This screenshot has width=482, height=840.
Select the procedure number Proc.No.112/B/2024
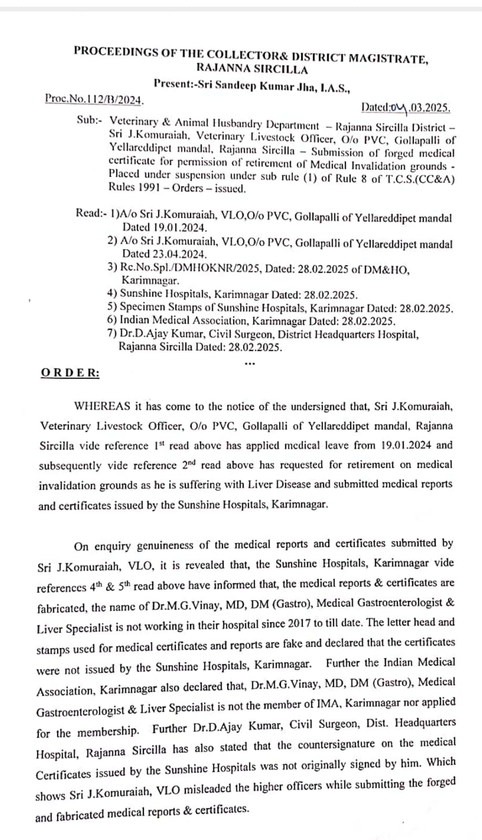(95, 98)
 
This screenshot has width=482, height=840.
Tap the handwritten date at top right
(405, 108)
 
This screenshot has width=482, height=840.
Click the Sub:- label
(88, 120)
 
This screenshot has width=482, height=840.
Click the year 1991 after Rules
(148, 187)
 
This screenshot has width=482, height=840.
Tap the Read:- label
(91, 213)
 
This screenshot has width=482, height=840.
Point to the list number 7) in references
(111, 334)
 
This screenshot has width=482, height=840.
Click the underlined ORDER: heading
(70, 373)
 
